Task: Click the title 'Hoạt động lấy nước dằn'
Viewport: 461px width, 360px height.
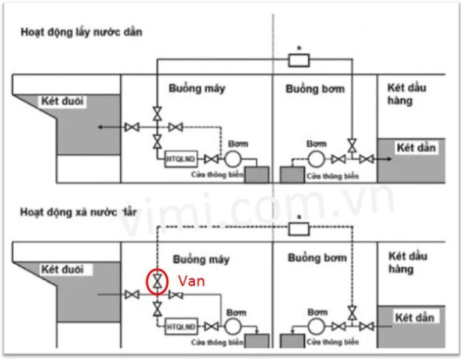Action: (81, 32)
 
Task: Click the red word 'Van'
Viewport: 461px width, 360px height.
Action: (191, 281)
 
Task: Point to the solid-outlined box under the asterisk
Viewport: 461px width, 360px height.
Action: (298, 60)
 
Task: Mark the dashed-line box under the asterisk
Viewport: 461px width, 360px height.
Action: (298, 228)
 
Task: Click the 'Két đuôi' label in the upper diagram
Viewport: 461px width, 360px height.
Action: (63, 102)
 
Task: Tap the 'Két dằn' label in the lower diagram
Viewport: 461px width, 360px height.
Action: (415, 318)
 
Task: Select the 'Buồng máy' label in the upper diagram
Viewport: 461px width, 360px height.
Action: (197, 88)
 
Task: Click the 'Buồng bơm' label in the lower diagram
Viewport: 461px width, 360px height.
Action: (317, 258)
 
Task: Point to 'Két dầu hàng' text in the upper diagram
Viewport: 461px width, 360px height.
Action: (407, 94)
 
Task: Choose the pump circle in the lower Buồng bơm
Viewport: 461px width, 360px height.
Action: (316, 326)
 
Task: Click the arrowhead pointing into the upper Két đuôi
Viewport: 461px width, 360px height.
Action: (102, 127)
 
